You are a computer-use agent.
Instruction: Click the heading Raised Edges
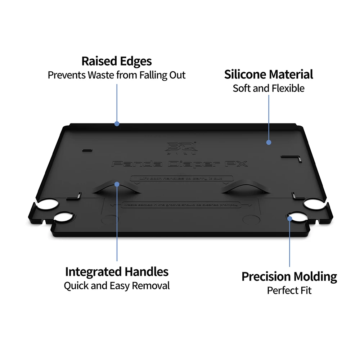pyautogui.click(x=117, y=61)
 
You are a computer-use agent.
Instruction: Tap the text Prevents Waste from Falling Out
pyautogui.click(x=117, y=75)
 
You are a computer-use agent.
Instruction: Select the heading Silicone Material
pyautogui.click(x=269, y=75)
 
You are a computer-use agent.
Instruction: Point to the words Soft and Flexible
pyautogui.click(x=269, y=88)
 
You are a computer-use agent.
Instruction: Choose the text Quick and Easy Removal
pyautogui.click(x=117, y=286)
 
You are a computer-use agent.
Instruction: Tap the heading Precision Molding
pyautogui.click(x=289, y=276)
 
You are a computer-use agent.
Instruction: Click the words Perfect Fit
pyautogui.click(x=289, y=290)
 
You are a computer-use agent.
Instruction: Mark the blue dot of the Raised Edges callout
pyautogui.click(x=117, y=124)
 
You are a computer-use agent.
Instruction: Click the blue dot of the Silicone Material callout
pyautogui.click(x=269, y=143)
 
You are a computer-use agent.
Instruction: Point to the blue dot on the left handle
pyautogui.click(x=117, y=184)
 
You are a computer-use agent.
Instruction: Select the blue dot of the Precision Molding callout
pyautogui.click(x=289, y=218)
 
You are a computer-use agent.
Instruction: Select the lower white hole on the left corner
pyautogui.click(x=63, y=217)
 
